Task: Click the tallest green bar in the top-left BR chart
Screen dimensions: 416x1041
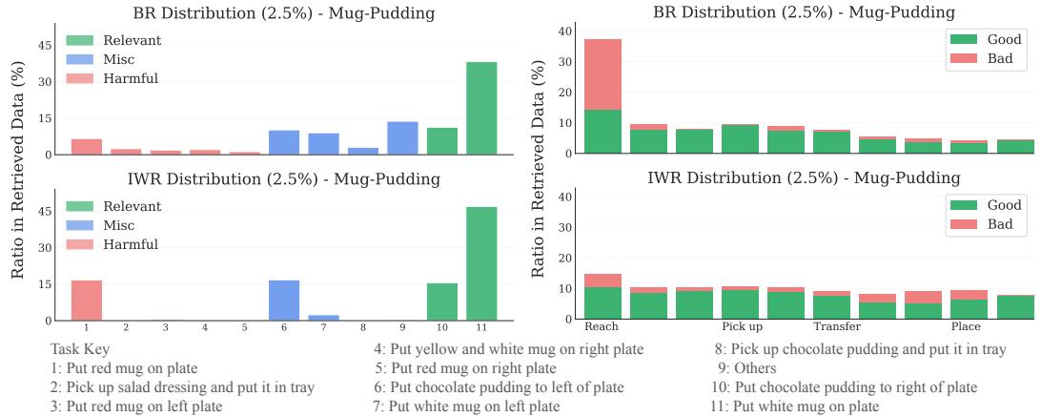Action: (481, 108)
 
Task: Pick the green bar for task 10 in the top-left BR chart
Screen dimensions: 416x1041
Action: (442, 141)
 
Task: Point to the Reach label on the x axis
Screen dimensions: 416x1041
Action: (601, 327)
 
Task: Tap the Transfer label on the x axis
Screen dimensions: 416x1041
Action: (836, 327)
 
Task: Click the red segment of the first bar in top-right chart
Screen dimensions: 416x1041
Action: (602, 74)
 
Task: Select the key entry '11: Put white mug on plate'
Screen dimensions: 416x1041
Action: (795, 406)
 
